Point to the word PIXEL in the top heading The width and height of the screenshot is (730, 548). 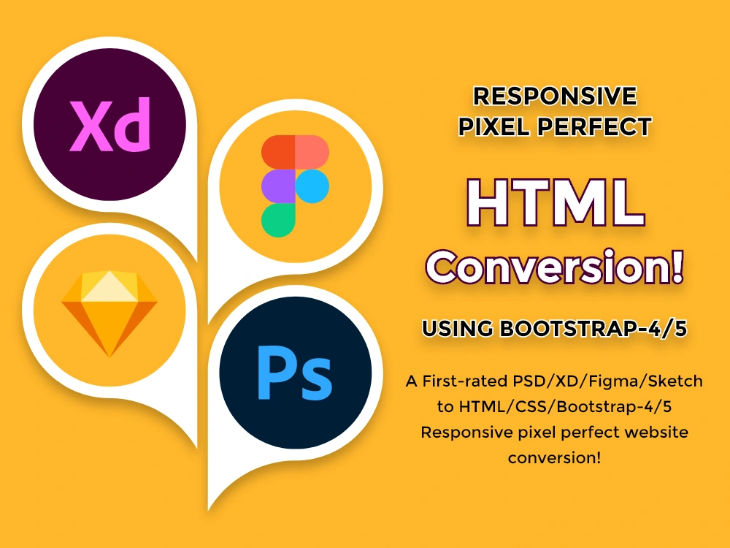[x=493, y=126]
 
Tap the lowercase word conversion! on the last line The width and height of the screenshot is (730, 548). [x=555, y=458]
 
